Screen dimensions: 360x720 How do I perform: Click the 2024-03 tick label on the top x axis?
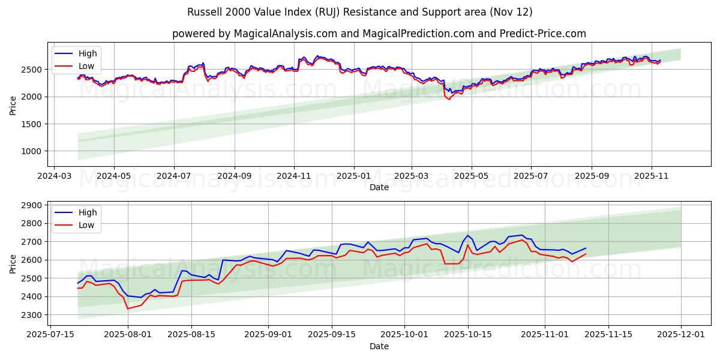(55, 176)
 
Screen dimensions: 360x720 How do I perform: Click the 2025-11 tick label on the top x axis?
(651, 176)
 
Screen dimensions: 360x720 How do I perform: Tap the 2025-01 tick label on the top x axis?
(353, 176)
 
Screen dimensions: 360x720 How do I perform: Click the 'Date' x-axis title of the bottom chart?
(379, 346)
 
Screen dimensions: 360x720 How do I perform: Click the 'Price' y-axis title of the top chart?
(13, 106)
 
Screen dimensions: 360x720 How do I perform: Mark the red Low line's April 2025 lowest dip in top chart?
(449, 100)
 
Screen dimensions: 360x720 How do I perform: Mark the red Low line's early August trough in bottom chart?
(127, 308)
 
